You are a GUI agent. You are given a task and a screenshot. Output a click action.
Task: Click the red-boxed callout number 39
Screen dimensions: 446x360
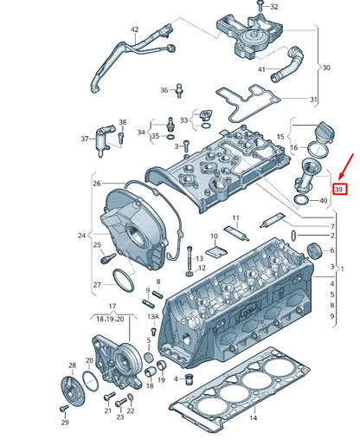(x=340, y=188)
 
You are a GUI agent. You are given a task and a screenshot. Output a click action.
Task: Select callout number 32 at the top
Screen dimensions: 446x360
(x=273, y=7)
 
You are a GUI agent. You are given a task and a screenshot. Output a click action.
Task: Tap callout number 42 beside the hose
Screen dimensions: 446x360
(x=135, y=30)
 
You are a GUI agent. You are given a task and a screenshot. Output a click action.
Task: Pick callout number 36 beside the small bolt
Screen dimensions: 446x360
(x=164, y=90)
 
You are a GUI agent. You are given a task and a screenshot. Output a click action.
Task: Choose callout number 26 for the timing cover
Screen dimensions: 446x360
(x=97, y=183)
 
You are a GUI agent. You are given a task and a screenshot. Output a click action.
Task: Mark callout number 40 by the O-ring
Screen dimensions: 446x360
(x=323, y=201)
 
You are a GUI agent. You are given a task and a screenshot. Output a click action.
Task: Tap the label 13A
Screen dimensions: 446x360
(x=153, y=318)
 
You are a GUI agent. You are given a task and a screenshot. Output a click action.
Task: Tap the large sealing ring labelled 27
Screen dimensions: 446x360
(x=124, y=282)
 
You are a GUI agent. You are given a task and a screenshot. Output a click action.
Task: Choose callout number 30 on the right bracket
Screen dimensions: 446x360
(x=326, y=67)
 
